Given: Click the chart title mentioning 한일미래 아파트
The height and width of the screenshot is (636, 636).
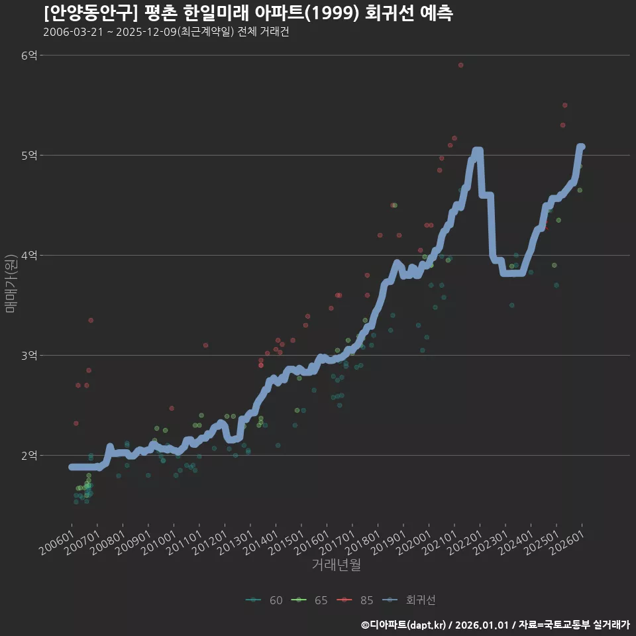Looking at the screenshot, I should (248, 13).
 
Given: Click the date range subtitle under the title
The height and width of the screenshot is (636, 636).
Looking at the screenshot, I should (166, 32).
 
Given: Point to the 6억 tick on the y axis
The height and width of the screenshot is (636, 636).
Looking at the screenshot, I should (28, 56).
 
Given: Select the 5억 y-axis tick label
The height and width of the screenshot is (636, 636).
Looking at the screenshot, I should (28, 156).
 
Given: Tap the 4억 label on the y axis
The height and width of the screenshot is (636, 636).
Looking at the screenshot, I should (28, 256).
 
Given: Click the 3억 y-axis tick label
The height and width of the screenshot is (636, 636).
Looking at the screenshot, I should (28, 356).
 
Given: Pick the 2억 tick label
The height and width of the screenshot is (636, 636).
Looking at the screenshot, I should (28, 456).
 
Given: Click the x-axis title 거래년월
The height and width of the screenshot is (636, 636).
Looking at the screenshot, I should (336, 565).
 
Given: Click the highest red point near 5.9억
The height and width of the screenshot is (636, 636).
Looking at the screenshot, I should (460, 65).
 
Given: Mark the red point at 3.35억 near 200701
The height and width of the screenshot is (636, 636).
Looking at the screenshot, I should (91, 320).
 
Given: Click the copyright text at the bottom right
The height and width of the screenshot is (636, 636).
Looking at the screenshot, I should (495, 624).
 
